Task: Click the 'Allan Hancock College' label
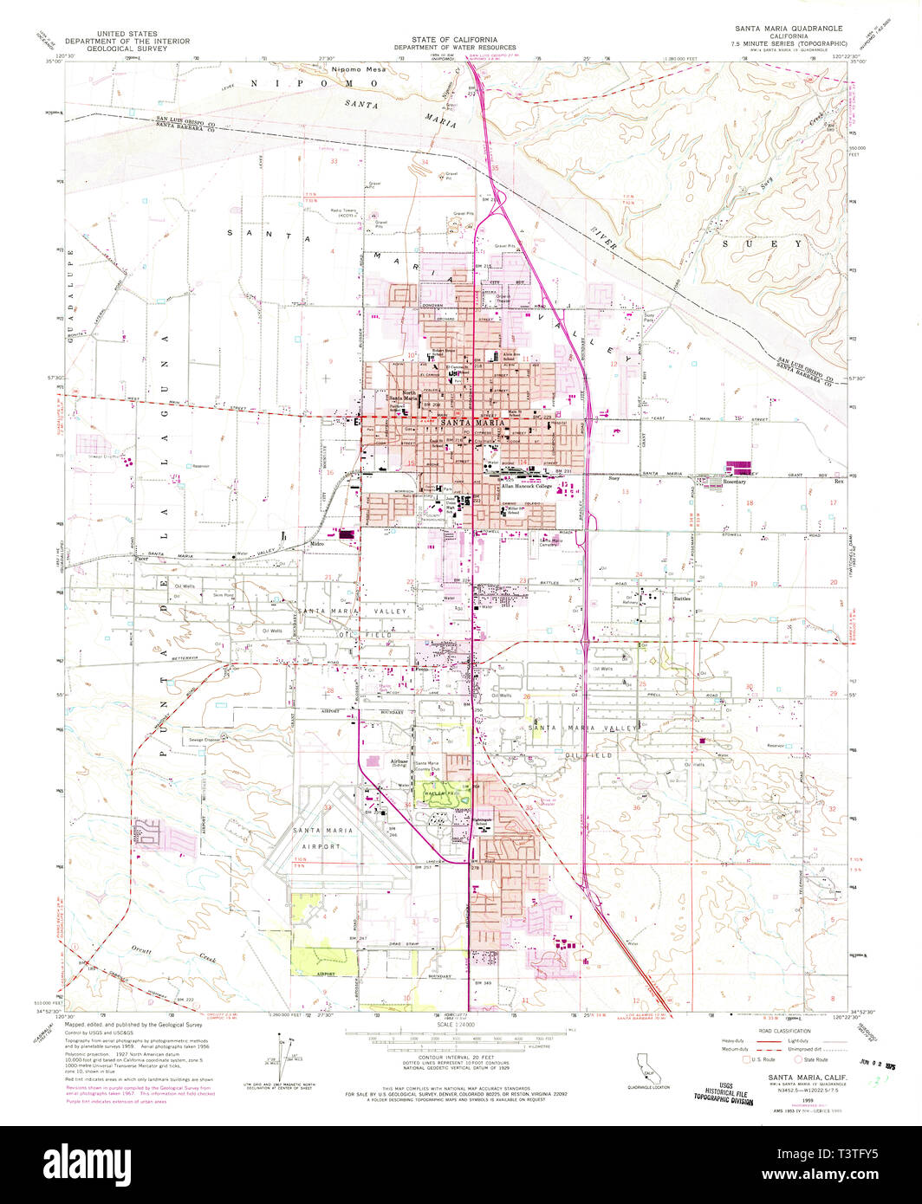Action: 527,487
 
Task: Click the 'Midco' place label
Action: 317,544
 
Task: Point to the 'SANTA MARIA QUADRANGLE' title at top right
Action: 785,28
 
